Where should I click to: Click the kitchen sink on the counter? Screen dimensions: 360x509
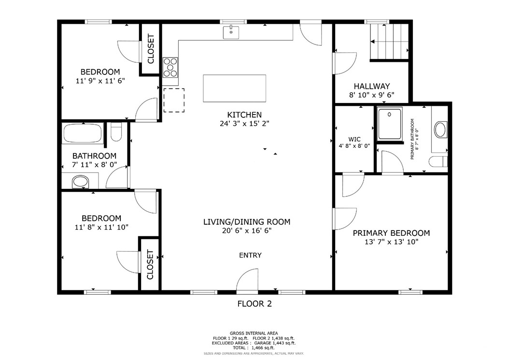tap(231, 33)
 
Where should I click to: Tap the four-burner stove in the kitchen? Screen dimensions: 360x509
tap(170, 67)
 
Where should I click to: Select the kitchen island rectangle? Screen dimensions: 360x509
tap(235, 88)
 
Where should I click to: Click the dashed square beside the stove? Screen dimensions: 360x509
tap(173, 100)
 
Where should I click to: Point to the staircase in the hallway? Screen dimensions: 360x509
tap(389, 42)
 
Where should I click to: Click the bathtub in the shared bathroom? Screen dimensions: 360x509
tap(82, 133)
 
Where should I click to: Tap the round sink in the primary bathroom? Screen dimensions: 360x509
tap(441, 130)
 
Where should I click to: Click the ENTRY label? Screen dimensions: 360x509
tap(250, 255)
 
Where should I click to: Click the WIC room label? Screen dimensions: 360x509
tap(354, 139)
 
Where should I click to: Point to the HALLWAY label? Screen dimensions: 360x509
tap(372, 86)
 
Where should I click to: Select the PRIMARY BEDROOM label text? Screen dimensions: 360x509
tap(391, 233)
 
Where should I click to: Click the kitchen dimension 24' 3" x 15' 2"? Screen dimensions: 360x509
tap(244, 124)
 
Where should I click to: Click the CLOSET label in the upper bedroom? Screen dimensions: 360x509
tap(150, 49)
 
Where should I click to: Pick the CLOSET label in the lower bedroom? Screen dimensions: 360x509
tap(150, 264)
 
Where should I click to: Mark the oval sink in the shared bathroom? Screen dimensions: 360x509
tap(81, 182)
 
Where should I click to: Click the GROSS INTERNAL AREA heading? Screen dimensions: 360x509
tap(254, 333)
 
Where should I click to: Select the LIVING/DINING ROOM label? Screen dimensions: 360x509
tap(246, 222)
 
